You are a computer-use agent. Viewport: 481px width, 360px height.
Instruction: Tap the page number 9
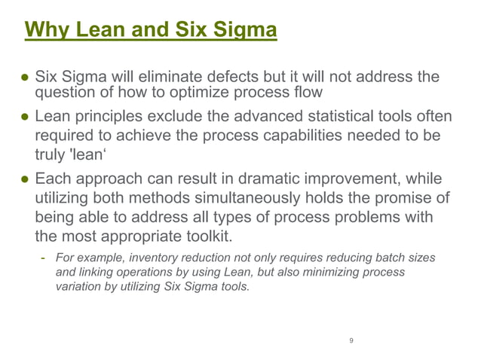(x=351, y=341)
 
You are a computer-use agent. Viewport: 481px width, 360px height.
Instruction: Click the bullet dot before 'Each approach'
(x=24, y=182)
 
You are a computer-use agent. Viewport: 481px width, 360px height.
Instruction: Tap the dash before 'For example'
(x=44, y=258)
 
